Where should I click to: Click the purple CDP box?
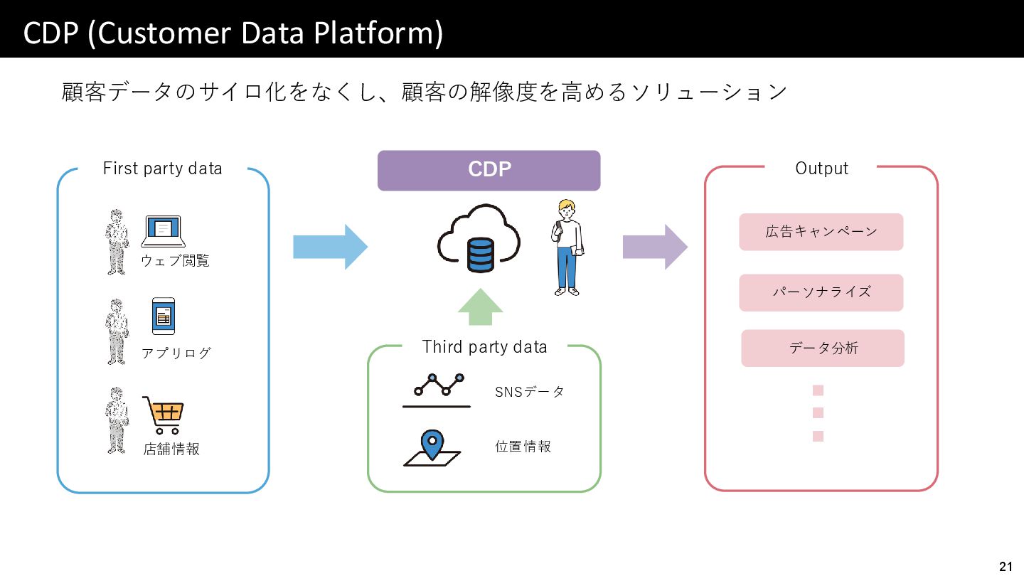489,171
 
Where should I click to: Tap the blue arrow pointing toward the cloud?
330,247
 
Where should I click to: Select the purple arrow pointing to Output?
655,247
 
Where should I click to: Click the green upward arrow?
481,306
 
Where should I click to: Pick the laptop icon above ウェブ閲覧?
164,231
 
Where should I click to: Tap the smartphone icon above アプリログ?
164,316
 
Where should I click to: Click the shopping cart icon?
164,415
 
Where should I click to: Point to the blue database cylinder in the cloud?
481,255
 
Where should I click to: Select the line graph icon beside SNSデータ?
437,390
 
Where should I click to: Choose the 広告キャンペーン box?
821,232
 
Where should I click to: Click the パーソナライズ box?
821,292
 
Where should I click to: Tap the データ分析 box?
823,348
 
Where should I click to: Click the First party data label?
162,169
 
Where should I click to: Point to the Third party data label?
484,347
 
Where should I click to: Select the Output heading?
821,169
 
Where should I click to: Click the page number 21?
1006,566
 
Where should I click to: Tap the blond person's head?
567,209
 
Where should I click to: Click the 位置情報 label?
523,447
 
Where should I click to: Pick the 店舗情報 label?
171,449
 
